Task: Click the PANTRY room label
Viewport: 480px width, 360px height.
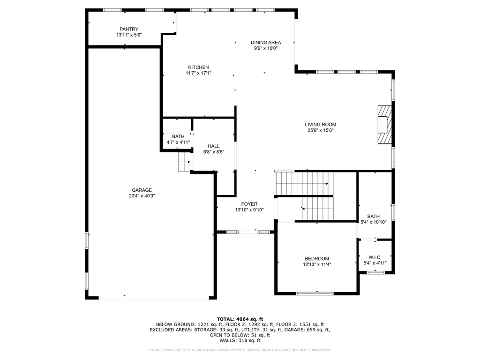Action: tap(128, 29)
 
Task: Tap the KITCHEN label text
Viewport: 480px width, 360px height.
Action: tap(198, 67)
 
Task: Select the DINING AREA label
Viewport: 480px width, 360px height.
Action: tap(266, 42)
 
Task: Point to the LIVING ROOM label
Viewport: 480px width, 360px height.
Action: tap(320, 124)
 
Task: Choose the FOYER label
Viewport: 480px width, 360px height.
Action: tap(249, 204)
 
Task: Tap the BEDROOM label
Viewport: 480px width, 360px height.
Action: tap(317, 258)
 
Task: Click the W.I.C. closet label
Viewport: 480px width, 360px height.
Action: tap(375, 257)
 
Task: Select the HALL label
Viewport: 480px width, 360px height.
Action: tap(214, 146)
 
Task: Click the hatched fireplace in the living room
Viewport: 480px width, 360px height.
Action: tap(384, 125)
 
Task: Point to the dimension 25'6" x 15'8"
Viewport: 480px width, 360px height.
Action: tap(320, 130)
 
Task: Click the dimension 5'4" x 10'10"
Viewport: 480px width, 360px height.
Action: tap(374, 222)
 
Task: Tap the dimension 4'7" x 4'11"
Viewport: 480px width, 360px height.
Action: tap(178, 142)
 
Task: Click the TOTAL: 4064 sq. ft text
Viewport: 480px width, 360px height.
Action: tap(240, 319)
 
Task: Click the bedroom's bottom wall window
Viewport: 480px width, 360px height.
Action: tap(315, 293)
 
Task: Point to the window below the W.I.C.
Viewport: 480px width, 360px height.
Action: tap(375, 272)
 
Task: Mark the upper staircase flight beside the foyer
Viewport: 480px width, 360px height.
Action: tap(302, 183)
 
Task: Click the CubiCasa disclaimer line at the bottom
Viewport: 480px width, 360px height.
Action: tap(240, 350)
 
